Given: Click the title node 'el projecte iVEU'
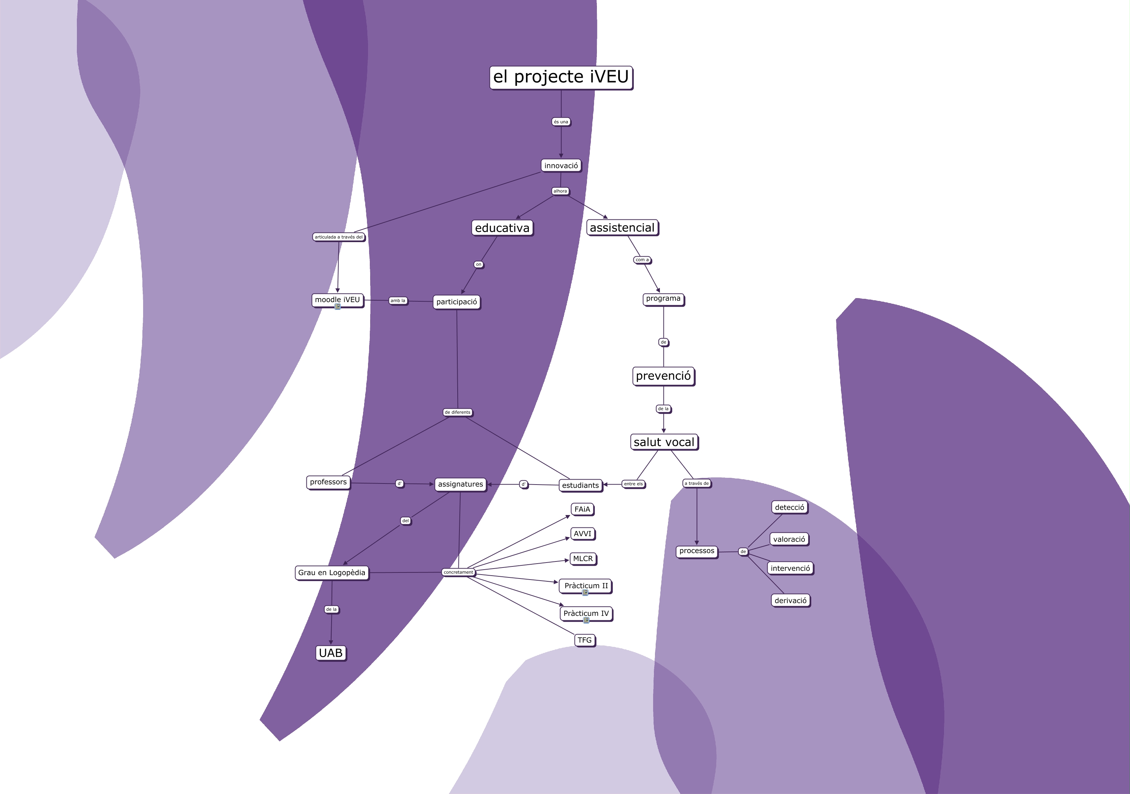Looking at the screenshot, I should tap(561, 77).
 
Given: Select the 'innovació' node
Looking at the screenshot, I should tap(561, 166).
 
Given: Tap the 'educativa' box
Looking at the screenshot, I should tap(502, 228).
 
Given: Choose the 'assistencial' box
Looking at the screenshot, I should tap(622, 228).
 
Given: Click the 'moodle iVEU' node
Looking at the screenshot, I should tap(338, 300).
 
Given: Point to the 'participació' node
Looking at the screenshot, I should tap(457, 302).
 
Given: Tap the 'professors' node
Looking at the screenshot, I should tap(328, 482).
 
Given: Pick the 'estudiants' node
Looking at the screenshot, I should tap(580, 486).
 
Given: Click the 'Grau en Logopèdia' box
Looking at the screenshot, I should tap(332, 573).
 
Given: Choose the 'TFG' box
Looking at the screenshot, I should tap(585, 640).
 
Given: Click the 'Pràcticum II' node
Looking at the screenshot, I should tap(586, 585).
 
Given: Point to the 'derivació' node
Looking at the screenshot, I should tap(790, 600).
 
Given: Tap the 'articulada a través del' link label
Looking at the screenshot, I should tap(339, 237).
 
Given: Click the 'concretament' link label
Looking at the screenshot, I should tap(458, 572).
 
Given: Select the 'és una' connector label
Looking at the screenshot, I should tap(561, 122).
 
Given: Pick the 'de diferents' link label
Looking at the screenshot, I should tap(458, 412).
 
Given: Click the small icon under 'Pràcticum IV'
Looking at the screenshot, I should tap(586, 620).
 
